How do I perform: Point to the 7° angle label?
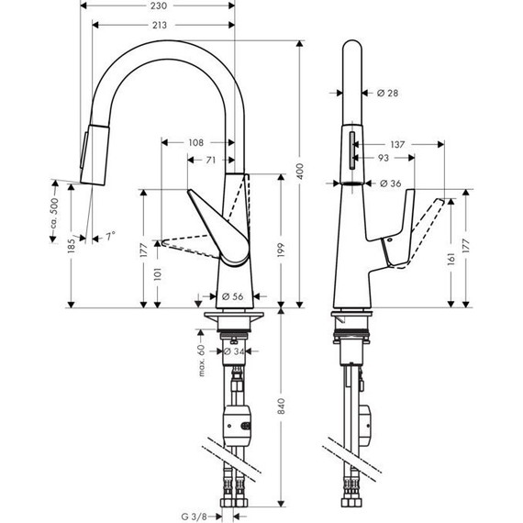pos(110,237)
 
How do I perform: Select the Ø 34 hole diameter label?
pos(234,351)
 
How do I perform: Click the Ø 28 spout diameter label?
pos(388,93)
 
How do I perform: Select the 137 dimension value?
pos(397,144)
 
